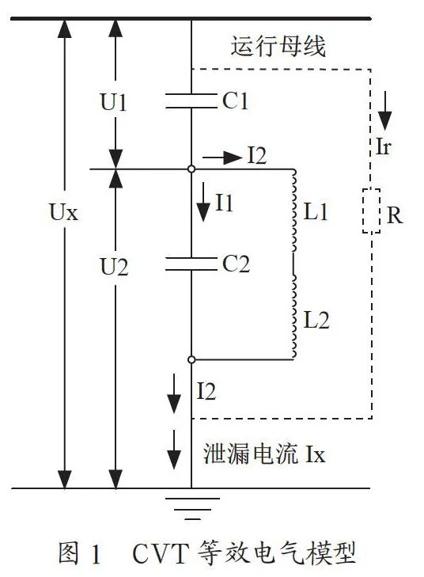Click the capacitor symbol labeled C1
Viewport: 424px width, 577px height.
(191, 101)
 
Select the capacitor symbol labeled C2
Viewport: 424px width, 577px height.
(191, 264)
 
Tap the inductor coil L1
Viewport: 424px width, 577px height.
(293, 210)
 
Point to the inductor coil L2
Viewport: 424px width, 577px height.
(293, 317)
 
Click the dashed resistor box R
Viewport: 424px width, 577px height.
(371, 211)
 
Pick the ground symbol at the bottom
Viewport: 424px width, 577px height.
(192, 509)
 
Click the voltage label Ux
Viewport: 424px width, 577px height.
(64, 212)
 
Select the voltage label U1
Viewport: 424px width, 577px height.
(114, 102)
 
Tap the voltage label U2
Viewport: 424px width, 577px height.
(115, 267)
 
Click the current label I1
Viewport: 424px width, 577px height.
(225, 203)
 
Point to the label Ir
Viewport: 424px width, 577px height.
(383, 146)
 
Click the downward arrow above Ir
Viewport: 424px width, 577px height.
(385, 111)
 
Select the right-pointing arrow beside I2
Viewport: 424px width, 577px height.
(221, 158)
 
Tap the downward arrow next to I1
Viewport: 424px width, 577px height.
(203, 202)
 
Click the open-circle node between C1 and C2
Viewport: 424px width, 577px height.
(191, 169)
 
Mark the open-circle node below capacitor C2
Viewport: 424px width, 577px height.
(191, 359)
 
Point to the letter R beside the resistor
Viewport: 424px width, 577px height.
(395, 215)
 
